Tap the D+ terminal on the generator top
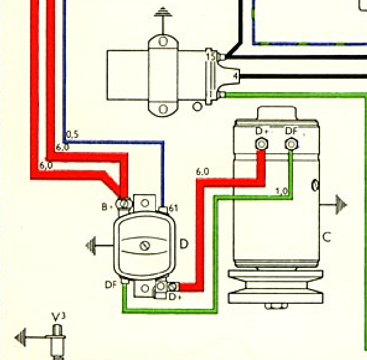pyautogui.click(x=262, y=144)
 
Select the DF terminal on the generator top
pyautogui.click(x=293, y=144)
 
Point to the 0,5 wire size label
pyautogui.click(x=72, y=134)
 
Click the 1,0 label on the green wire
pyautogui.click(x=281, y=191)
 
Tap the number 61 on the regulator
pyautogui.click(x=174, y=208)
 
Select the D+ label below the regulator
pyautogui.click(x=176, y=297)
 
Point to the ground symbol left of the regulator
pyautogui.click(x=92, y=246)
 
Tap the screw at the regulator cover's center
pyautogui.click(x=145, y=246)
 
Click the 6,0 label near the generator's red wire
pyautogui.click(x=203, y=172)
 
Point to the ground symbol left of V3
pyautogui.click(x=21, y=336)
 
